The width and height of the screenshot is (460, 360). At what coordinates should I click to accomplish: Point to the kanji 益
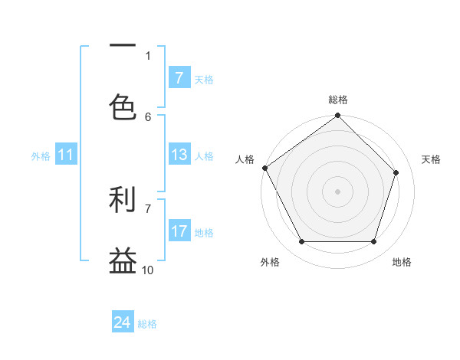(x=123, y=260)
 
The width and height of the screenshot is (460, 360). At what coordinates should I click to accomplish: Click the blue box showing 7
(x=179, y=78)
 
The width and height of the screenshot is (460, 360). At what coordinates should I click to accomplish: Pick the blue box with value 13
(x=179, y=155)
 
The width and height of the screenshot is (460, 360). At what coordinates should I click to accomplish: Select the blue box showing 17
(x=179, y=231)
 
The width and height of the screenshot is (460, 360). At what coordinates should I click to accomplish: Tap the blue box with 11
(x=66, y=155)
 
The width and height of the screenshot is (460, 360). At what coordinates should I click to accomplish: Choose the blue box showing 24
(x=123, y=323)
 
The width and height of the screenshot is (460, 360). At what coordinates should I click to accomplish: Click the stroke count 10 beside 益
(x=148, y=270)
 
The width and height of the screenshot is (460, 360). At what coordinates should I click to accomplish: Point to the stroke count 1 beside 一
(x=148, y=56)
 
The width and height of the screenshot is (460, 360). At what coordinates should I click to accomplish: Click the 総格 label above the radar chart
(x=338, y=100)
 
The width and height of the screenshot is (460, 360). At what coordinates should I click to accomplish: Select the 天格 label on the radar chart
(x=431, y=159)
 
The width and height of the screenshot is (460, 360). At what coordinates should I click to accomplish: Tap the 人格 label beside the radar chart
(x=245, y=159)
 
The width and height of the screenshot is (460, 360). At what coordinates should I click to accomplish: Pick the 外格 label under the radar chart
(x=269, y=262)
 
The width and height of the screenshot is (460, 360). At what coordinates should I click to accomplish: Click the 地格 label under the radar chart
(x=402, y=262)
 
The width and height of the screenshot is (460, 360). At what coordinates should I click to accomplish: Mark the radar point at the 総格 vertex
(x=337, y=116)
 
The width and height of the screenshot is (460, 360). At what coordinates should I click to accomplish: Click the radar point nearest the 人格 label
(x=265, y=168)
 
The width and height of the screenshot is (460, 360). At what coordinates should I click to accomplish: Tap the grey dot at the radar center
(x=337, y=191)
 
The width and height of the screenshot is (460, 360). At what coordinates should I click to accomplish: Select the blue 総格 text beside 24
(x=147, y=324)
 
